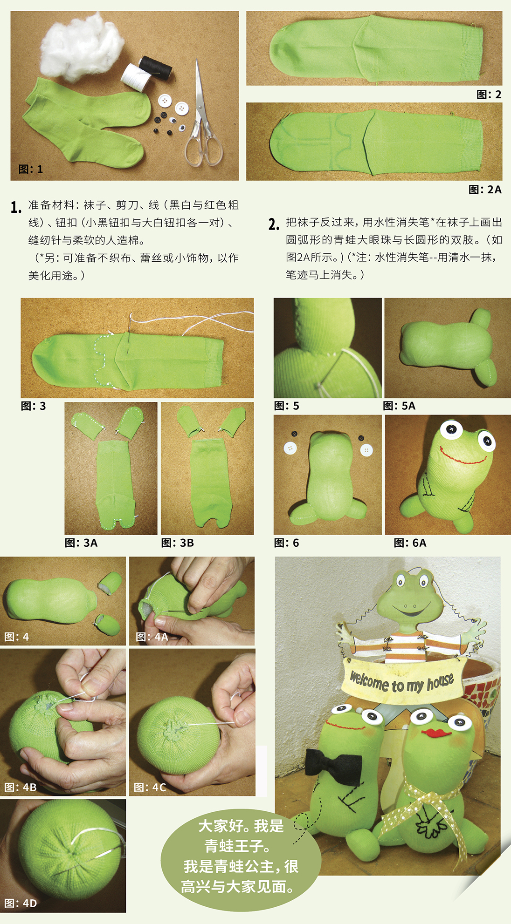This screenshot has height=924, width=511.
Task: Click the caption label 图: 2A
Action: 485,190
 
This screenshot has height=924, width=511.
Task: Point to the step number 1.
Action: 16,207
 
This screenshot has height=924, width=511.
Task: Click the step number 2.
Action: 274,225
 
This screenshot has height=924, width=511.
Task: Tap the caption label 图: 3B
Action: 178,543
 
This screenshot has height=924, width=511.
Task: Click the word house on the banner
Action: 441,681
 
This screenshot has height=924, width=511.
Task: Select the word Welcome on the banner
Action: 369,681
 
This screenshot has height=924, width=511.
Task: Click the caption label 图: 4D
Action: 21,904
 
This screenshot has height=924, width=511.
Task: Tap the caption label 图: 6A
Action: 410,543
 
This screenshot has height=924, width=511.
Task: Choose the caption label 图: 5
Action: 287,406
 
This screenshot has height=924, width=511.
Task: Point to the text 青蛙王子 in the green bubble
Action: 238,846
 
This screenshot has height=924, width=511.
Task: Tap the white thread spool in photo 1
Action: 136,77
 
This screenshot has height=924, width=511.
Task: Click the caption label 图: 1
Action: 31,169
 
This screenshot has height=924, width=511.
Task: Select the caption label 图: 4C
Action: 150,787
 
